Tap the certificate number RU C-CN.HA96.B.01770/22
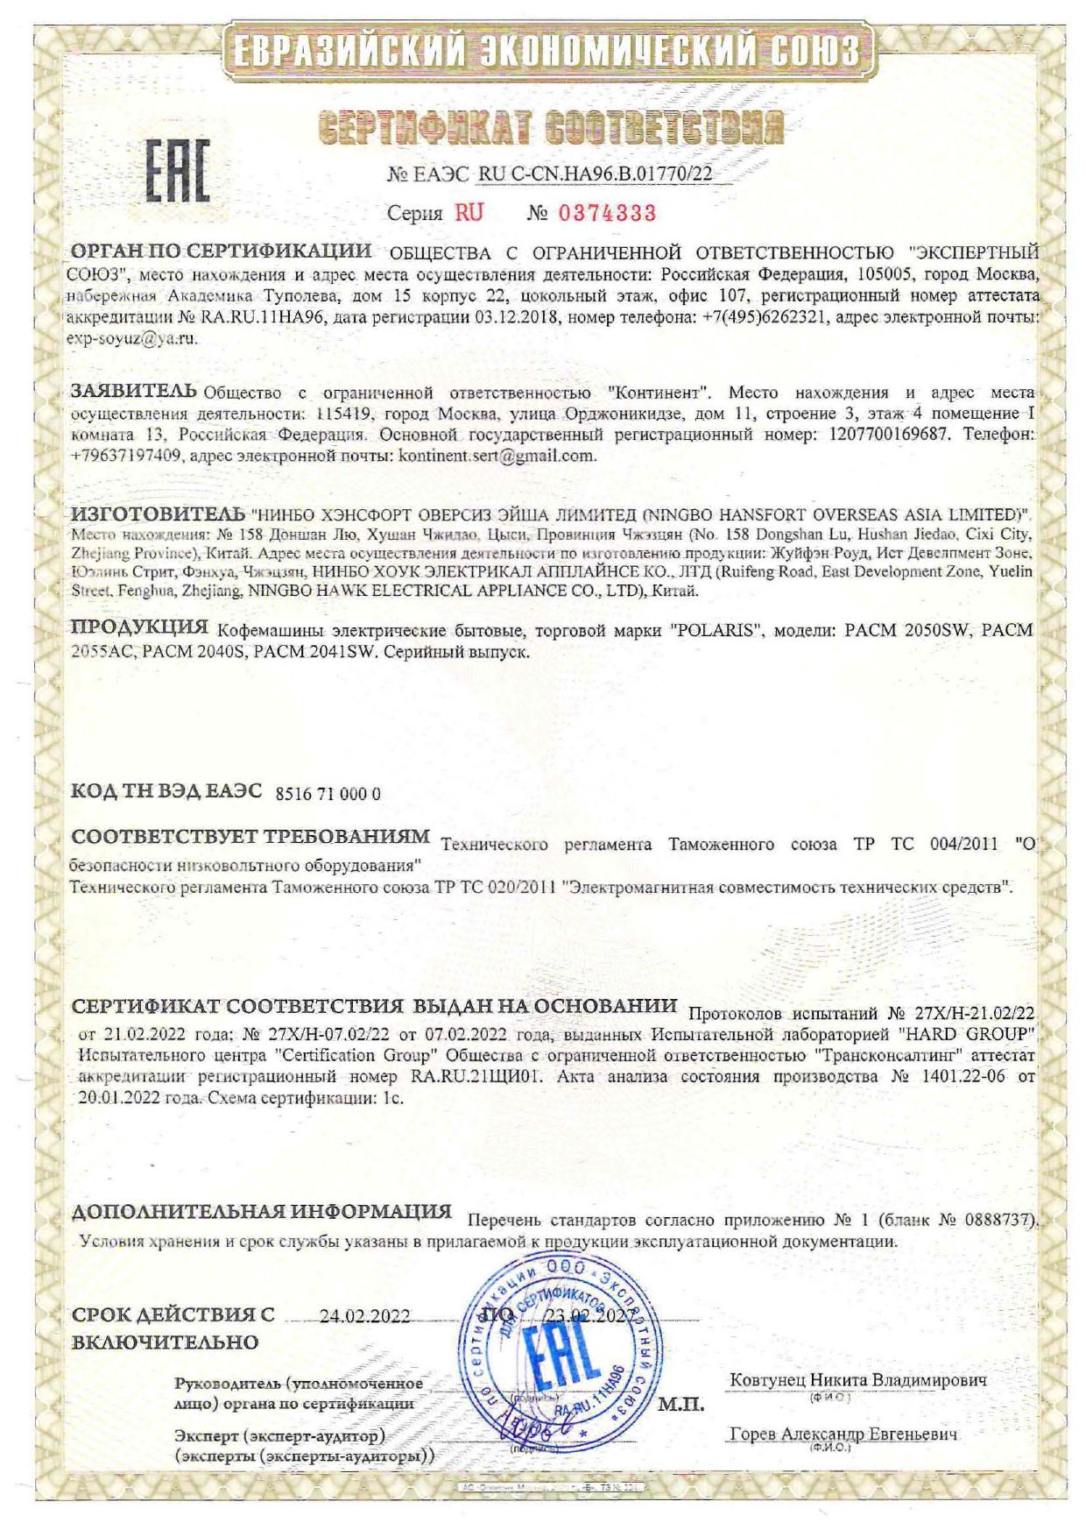point(595,174)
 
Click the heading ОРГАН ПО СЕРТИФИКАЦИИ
point(221,251)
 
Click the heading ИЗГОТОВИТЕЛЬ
point(157,512)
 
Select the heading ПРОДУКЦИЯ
point(139,627)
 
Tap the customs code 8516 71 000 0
point(328,794)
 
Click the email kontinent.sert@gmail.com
point(497,456)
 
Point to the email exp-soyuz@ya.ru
point(132,338)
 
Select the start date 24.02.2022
point(365,1316)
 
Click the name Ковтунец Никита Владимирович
point(858,1379)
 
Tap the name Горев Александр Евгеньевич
point(843,1434)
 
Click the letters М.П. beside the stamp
point(681,1405)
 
